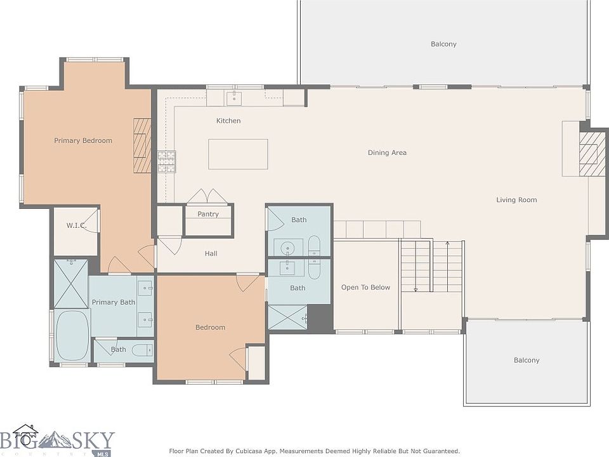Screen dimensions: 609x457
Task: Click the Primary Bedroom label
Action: coord(82,141)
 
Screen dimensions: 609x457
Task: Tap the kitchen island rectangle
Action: coord(238,154)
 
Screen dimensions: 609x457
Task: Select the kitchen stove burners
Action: coord(167,162)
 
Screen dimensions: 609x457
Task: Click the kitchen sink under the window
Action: coord(234,98)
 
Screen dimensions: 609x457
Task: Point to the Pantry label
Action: coord(208,214)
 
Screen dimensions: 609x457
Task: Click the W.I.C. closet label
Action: coord(76,225)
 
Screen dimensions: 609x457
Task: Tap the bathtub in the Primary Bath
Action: coord(72,336)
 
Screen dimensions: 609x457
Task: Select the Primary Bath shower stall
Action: coord(71,284)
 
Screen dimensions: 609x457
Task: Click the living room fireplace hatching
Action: coord(593,154)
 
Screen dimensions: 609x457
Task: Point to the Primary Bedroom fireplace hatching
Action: coord(142,145)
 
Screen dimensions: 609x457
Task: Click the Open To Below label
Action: coord(365,288)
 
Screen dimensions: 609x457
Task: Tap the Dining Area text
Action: coord(387,153)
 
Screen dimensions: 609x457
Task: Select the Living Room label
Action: coord(516,200)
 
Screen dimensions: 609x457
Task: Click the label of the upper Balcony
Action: coord(443,44)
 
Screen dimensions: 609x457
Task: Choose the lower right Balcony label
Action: coord(527,361)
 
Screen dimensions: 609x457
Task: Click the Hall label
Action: coord(211,254)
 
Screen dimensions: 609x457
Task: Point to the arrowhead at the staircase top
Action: coord(447,243)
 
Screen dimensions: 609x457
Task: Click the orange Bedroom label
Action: coord(210,328)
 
